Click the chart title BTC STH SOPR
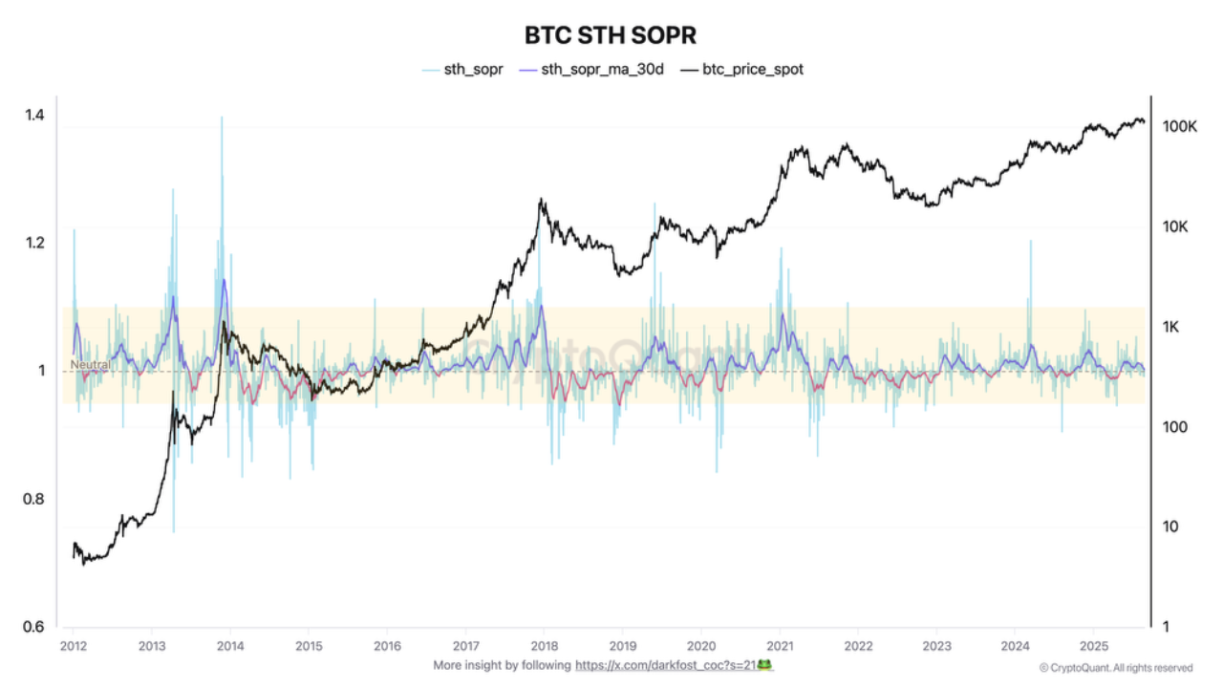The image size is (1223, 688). pyautogui.click(x=611, y=35)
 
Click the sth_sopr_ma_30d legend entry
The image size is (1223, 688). pyautogui.click(x=602, y=70)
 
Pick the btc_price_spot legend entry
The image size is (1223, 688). pyautogui.click(x=753, y=70)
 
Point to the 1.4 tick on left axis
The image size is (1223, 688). pyautogui.click(x=34, y=116)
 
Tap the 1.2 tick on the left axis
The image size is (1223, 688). pyautogui.click(x=34, y=243)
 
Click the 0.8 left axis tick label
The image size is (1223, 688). pyautogui.click(x=34, y=499)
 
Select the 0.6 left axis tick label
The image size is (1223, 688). pyautogui.click(x=34, y=627)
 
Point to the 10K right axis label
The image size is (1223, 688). pyautogui.click(x=1175, y=227)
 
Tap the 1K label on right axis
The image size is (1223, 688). pyautogui.click(x=1171, y=327)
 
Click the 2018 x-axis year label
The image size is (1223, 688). pyautogui.click(x=544, y=647)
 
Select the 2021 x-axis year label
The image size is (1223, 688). pyautogui.click(x=780, y=647)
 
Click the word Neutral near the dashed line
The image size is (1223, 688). pyautogui.click(x=90, y=364)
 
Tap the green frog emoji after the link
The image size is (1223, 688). pyautogui.click(x=764, y=664)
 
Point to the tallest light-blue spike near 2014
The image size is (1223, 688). pyautogui.click(x=222, y=119)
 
